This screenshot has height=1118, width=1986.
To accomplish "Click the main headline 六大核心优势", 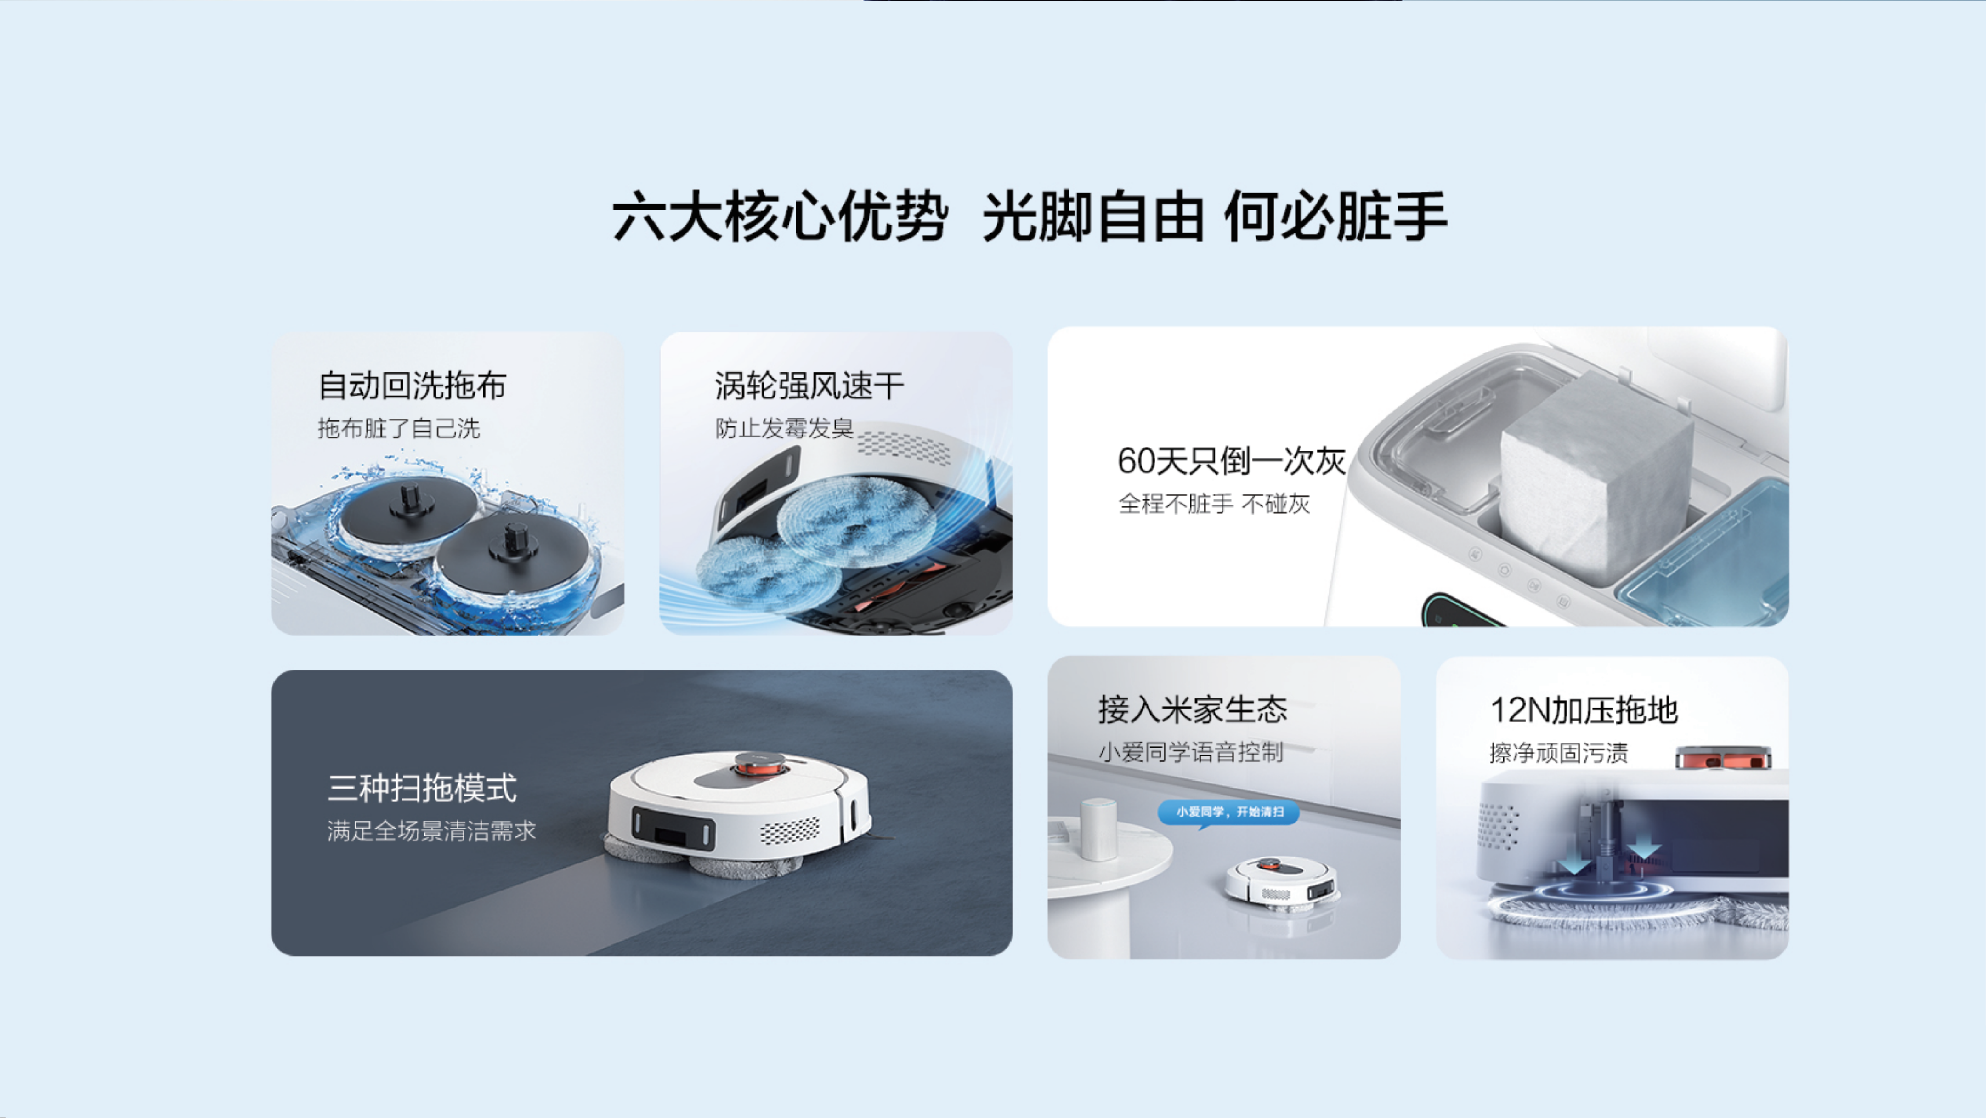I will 779,217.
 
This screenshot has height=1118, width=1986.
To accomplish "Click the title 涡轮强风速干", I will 809,386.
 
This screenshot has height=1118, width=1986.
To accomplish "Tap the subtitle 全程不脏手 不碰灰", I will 1213,504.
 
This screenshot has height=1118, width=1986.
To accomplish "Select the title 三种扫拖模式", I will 422,788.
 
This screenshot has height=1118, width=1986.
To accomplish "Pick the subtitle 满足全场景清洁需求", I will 431,831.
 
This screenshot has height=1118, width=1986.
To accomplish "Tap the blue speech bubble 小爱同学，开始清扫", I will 1229,812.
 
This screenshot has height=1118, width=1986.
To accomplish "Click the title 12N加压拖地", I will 1584,710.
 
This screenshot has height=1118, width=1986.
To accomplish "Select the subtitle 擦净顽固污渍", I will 1558,753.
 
